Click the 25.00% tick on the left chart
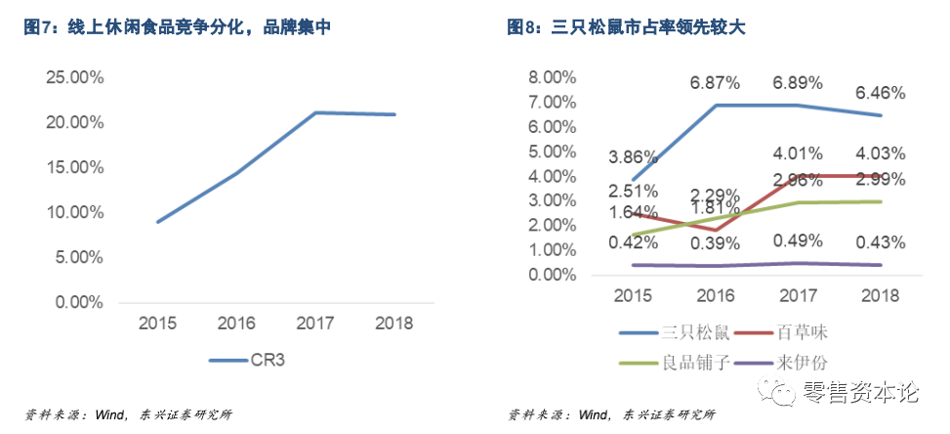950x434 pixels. (75, 77)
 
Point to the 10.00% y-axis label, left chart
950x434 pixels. (75, 212)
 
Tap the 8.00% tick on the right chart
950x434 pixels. (554, 77)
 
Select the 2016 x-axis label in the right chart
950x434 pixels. (717, 294)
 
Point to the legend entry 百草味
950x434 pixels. (804, 333)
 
